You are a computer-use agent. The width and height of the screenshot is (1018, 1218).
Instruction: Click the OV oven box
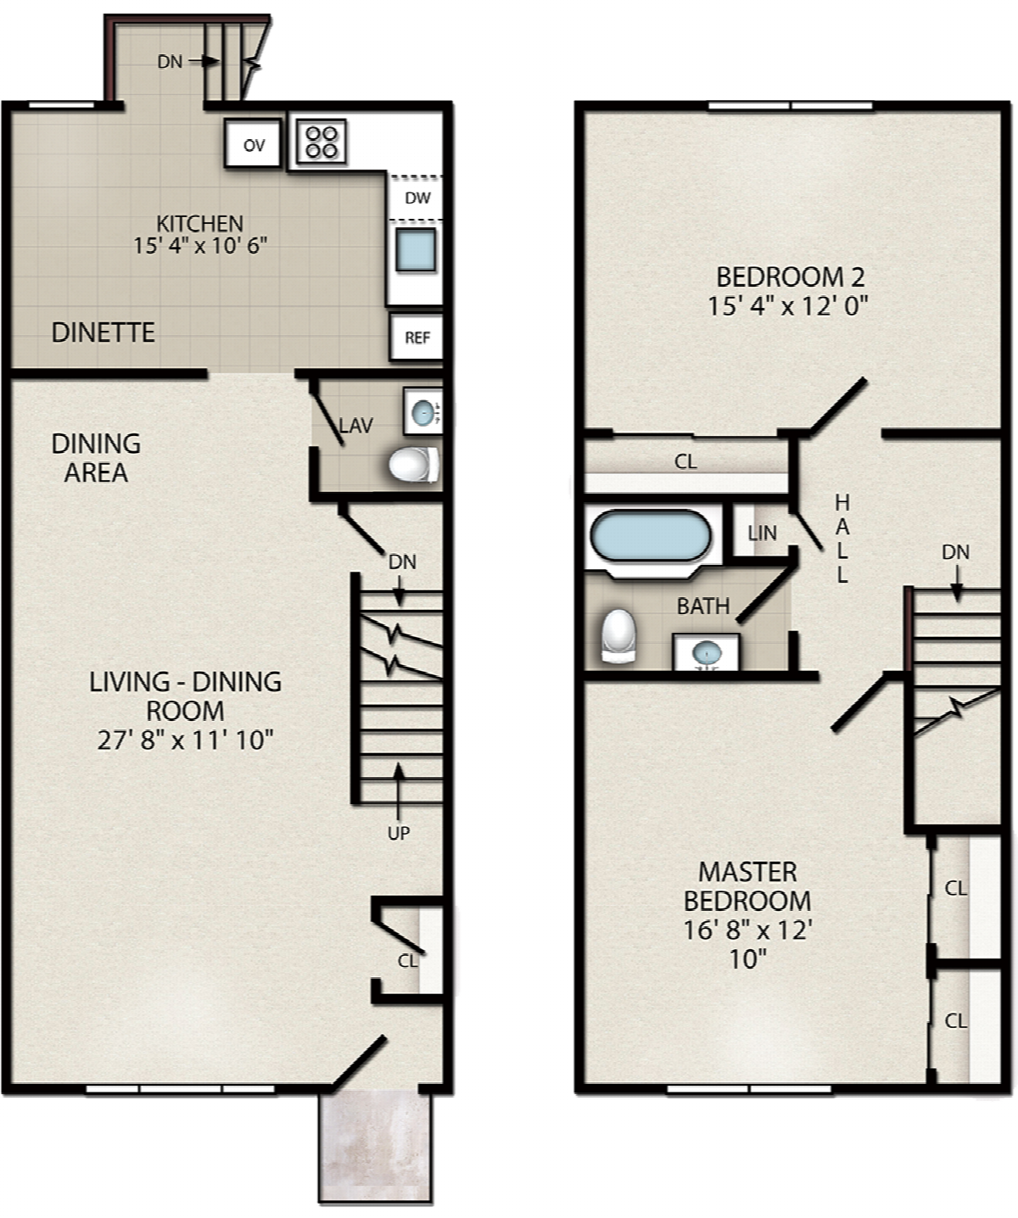253,143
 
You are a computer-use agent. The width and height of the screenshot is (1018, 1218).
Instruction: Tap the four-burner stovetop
322,141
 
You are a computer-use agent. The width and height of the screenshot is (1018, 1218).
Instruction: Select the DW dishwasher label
417,198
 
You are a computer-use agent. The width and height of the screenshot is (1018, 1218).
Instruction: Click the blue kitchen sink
416,250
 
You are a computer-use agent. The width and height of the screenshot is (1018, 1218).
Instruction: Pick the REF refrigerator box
417,338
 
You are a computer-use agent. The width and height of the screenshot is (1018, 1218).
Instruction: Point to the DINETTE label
103,332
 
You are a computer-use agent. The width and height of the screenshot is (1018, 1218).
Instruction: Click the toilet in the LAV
414,464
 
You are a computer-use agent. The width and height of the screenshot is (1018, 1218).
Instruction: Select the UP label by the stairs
399,834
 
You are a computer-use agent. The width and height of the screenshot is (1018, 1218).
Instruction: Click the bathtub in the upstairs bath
651,537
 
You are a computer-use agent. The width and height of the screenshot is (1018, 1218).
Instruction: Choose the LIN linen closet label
762,534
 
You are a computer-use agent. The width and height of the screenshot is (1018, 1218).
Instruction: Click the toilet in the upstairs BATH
618,636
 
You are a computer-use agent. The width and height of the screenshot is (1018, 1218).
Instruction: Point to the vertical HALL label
842,539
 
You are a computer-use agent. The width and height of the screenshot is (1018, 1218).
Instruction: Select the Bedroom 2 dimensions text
787,305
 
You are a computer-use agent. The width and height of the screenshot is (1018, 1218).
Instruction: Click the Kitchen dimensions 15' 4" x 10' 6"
200,246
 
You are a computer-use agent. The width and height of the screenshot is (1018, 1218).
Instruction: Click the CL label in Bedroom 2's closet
685,462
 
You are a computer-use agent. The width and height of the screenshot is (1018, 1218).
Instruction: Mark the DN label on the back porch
170,62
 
